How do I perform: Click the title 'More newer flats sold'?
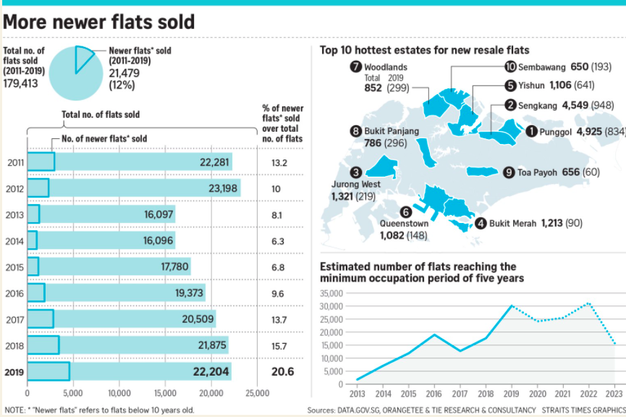tap(99, 22)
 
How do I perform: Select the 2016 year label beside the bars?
tap(14, 293)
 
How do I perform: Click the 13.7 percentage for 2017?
tap(277, 319)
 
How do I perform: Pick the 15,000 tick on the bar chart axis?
tap(165, 394)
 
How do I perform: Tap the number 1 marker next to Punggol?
tap(531, 131)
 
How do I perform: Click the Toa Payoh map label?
tap(538, 172)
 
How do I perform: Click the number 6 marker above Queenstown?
tap(405, 211)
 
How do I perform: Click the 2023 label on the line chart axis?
tap(614, 394)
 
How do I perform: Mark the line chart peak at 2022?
tap(589, 303)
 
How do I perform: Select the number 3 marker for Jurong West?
tap(355, 172)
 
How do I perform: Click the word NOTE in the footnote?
tap(14, 410)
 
